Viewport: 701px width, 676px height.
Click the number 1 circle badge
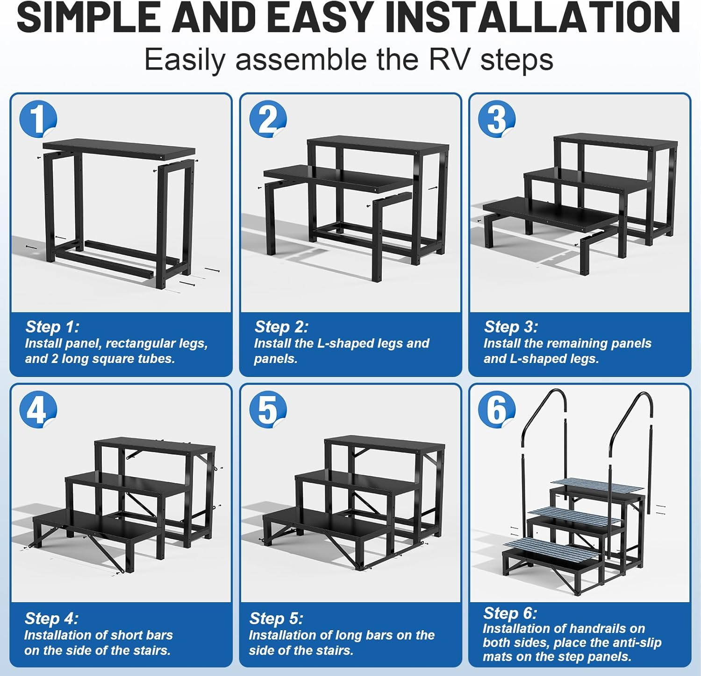[38, 119]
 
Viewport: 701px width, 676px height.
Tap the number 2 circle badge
[267, 119]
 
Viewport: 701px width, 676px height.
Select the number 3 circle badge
[496, 119]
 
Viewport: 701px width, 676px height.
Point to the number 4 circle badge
[38, 410]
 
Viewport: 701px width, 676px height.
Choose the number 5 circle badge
[267, 410]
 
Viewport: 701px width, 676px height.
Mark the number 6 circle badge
[496, 410]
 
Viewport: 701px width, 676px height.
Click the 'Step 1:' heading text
[52, 327]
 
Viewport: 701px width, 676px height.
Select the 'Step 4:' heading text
[51, 618]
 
